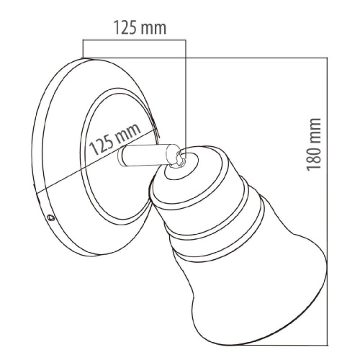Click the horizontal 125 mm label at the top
[140, 28]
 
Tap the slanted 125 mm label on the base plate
[114, 140]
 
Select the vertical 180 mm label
[314, 145]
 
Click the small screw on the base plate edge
[51, 217]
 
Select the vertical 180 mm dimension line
[327, 201]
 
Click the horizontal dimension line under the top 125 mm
[134, 40]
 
